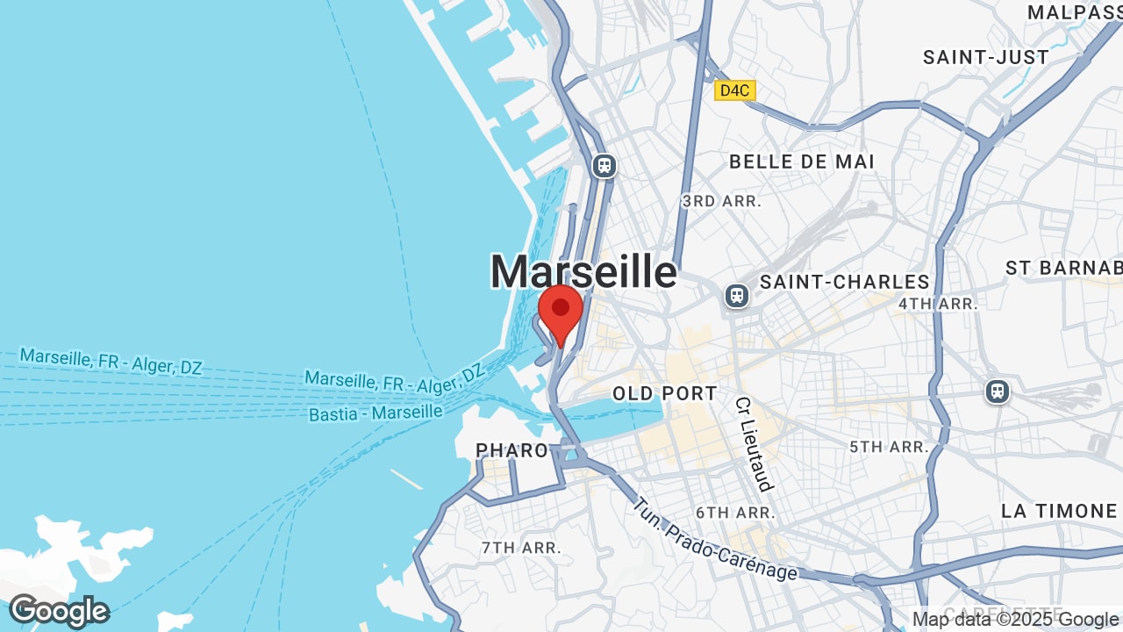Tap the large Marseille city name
(x=583, y=271)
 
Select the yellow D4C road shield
(x=734, y=90)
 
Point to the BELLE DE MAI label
(x=802, y=162)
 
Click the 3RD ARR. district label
(x=721, y=201)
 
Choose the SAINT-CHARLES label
(x=844, y=282)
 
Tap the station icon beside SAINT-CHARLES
(x=737, y=296)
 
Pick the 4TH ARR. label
(x=938, y=304)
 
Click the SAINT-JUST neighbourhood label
(x=985, y=58)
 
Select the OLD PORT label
(x=665, y=393)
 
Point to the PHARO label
(x=511, y=450)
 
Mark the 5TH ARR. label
(x=888, y=447)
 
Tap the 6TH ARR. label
(x=735, y=513)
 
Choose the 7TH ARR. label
(x=520, y=548)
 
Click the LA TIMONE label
(x=1059, y=511)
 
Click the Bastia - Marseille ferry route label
(x=376, y=412)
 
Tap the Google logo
(x=59, y=611)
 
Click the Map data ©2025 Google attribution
(x=1016, y=620)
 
